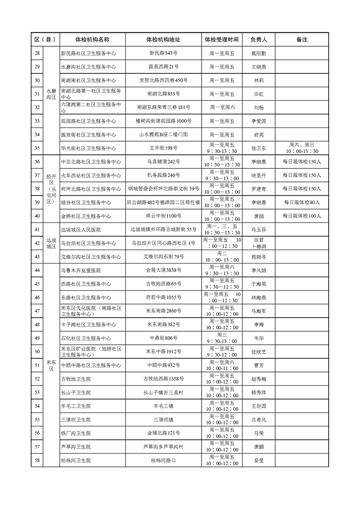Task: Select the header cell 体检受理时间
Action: [221, 40]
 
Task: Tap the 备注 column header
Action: [301, 40]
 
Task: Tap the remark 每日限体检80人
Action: [301, 202]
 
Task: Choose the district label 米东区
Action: [50, 365]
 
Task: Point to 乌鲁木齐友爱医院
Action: [81, 270]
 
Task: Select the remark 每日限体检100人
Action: [301, 216]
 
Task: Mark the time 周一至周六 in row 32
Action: [222, 108]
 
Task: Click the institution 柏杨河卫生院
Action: [76, 460]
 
